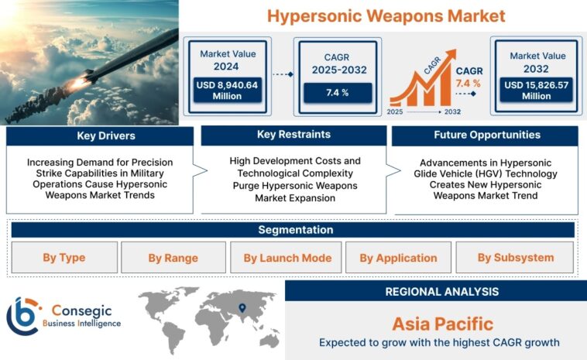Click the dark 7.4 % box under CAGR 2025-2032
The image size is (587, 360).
tap(336, 93)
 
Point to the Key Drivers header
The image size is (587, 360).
tap(100, 135)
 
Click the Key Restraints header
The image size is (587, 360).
tap(293, 135)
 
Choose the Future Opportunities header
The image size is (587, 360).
tap(486, 135)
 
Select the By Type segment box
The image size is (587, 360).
tap(64, 257)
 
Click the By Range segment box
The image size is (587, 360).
tap(173, 257)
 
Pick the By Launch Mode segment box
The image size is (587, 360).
tap(287, 257)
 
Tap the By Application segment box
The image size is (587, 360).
tap(398, 257)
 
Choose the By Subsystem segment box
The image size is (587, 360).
tap(515, 257)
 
